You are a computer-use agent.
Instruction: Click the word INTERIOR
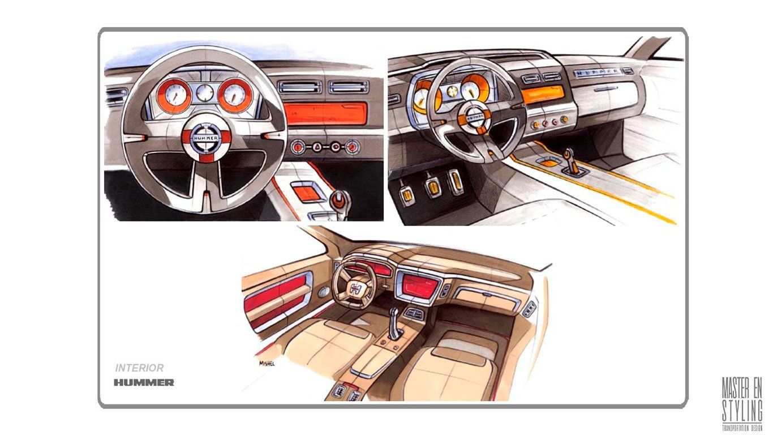tap(139, 368)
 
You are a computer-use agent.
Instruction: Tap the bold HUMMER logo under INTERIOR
tap(144, 382)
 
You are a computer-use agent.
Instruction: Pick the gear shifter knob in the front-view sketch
tap(340, 199)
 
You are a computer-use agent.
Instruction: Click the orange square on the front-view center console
tap(307, 191)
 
